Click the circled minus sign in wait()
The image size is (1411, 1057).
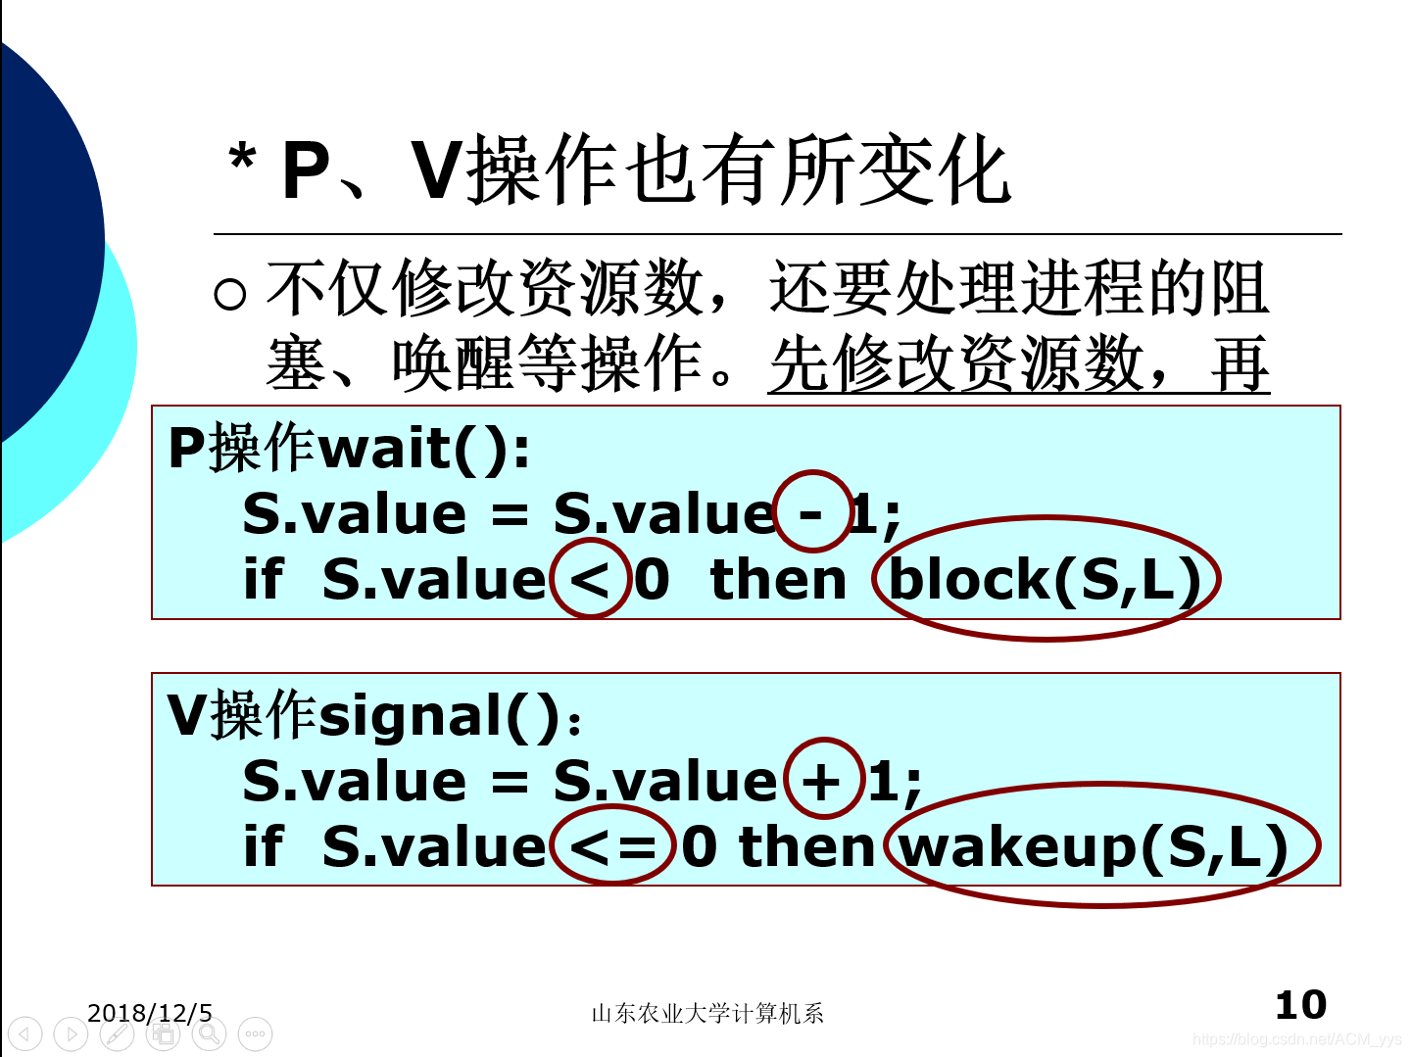pyautogui.click(x=812, y=511)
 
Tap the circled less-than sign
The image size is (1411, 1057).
pyautogui.click(x=590, y=578)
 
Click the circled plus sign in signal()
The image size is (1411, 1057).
pyautogui.click(x=823, y=780)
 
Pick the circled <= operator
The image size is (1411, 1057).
pyautogui.click(x=612, y=845)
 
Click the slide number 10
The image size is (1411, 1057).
pyautogui.click(x=1300, y=1005)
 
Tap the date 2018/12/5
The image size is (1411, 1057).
pyautogui.click(x=149, y=1013)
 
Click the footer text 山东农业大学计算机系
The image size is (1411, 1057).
pyautogui.click(x=706, y=1014)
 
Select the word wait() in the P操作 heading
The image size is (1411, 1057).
pyautogui.click(x=423, y=449)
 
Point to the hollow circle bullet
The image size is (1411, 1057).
pyautogui.click(x=229, y=294)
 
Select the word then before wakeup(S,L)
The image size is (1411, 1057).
pyautogui.click(x=806, y=845)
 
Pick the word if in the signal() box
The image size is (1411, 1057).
pyautogui.click(x=263, y=845)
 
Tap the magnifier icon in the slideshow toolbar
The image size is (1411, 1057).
pyautogui.click(x=209, y=1033)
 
